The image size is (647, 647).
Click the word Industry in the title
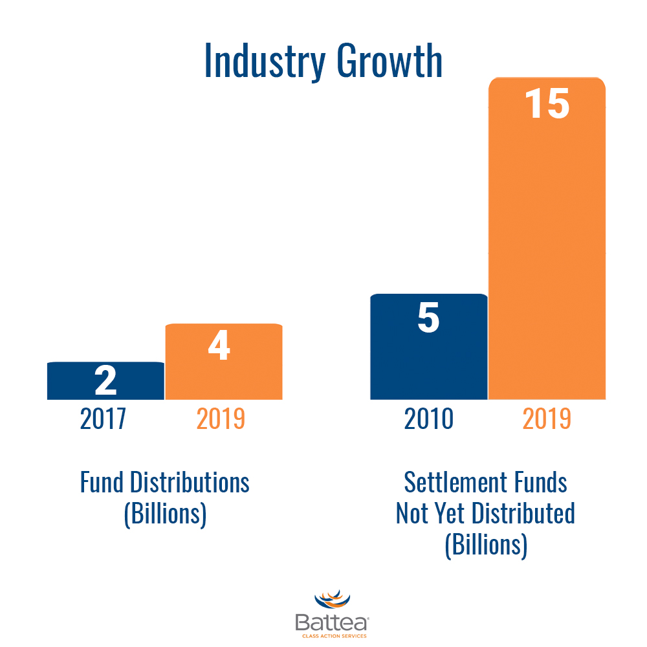[263, 62]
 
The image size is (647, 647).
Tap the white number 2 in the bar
[105, 380]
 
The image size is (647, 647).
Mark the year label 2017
[104, 419]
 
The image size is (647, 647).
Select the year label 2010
[428, 419]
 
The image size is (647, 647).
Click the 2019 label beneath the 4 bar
[221, 419]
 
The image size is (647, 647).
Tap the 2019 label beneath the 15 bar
[547, 419]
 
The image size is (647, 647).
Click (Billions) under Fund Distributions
[165, 514]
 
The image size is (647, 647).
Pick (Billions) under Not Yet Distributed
[486, 544]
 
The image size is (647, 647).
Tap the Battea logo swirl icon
[331, 601]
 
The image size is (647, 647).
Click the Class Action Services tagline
[331, 636]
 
